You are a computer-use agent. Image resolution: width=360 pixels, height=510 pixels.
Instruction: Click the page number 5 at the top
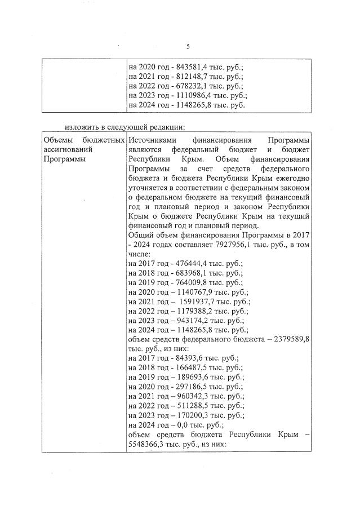tap(188, 46)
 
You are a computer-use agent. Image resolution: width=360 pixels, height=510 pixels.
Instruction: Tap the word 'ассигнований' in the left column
tap(68, 149)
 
